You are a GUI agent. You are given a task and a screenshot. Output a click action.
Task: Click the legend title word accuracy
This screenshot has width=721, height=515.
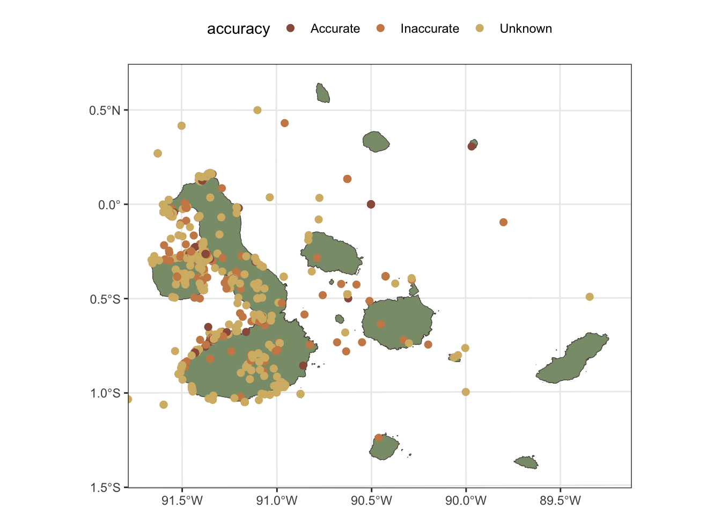(238, 29)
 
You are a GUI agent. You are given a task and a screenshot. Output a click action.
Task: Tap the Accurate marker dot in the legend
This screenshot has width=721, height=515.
(291, 28)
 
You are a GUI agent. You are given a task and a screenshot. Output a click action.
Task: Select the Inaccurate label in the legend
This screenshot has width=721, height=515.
(429, 29)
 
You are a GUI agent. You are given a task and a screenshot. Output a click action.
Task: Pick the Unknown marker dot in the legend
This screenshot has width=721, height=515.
(480, 28)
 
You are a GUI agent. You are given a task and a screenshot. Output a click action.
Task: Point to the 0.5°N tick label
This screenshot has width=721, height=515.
(105, 111)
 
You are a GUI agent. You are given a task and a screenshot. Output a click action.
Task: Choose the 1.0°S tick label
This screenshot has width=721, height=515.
(105, 393)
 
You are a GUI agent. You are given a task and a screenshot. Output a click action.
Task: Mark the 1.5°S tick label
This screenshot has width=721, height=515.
(105, 488)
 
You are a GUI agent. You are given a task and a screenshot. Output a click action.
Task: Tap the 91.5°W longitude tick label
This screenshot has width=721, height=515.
(182, 501)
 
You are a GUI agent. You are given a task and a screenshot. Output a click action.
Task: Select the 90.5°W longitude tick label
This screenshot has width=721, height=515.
(371, 501)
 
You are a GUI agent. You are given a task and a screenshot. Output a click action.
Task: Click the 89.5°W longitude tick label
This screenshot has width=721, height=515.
(560, 501)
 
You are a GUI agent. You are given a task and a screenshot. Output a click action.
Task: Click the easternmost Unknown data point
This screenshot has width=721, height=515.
(590, 297)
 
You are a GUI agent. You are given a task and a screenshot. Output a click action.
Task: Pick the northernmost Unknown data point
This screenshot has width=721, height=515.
(257, 110)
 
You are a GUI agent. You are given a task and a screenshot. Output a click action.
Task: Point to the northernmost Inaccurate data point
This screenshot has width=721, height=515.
(285, 123)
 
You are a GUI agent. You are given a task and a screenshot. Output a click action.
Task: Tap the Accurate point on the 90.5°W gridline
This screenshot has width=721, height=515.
(371, 204)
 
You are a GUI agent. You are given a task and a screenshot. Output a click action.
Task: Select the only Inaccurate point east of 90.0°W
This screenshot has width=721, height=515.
(503, 222)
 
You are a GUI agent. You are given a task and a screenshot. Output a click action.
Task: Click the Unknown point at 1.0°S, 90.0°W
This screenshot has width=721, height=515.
(466, 392)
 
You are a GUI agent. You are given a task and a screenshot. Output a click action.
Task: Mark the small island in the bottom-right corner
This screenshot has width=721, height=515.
(526, 462)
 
